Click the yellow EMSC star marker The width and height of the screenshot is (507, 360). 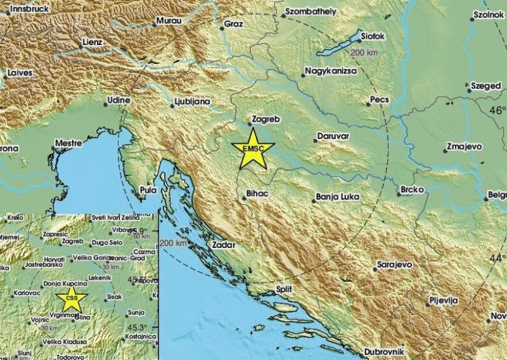point(253,150)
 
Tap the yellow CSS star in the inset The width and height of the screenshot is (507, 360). point(72,298)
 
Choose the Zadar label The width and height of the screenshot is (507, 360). point(224,244)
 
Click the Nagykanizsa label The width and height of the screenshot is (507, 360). point(330,71)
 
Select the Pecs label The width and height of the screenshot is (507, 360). point(380,100)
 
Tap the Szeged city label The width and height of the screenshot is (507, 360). point(487,86)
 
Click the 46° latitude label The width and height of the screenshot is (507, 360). point(496,110)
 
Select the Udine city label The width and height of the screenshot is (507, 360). point(119,100)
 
